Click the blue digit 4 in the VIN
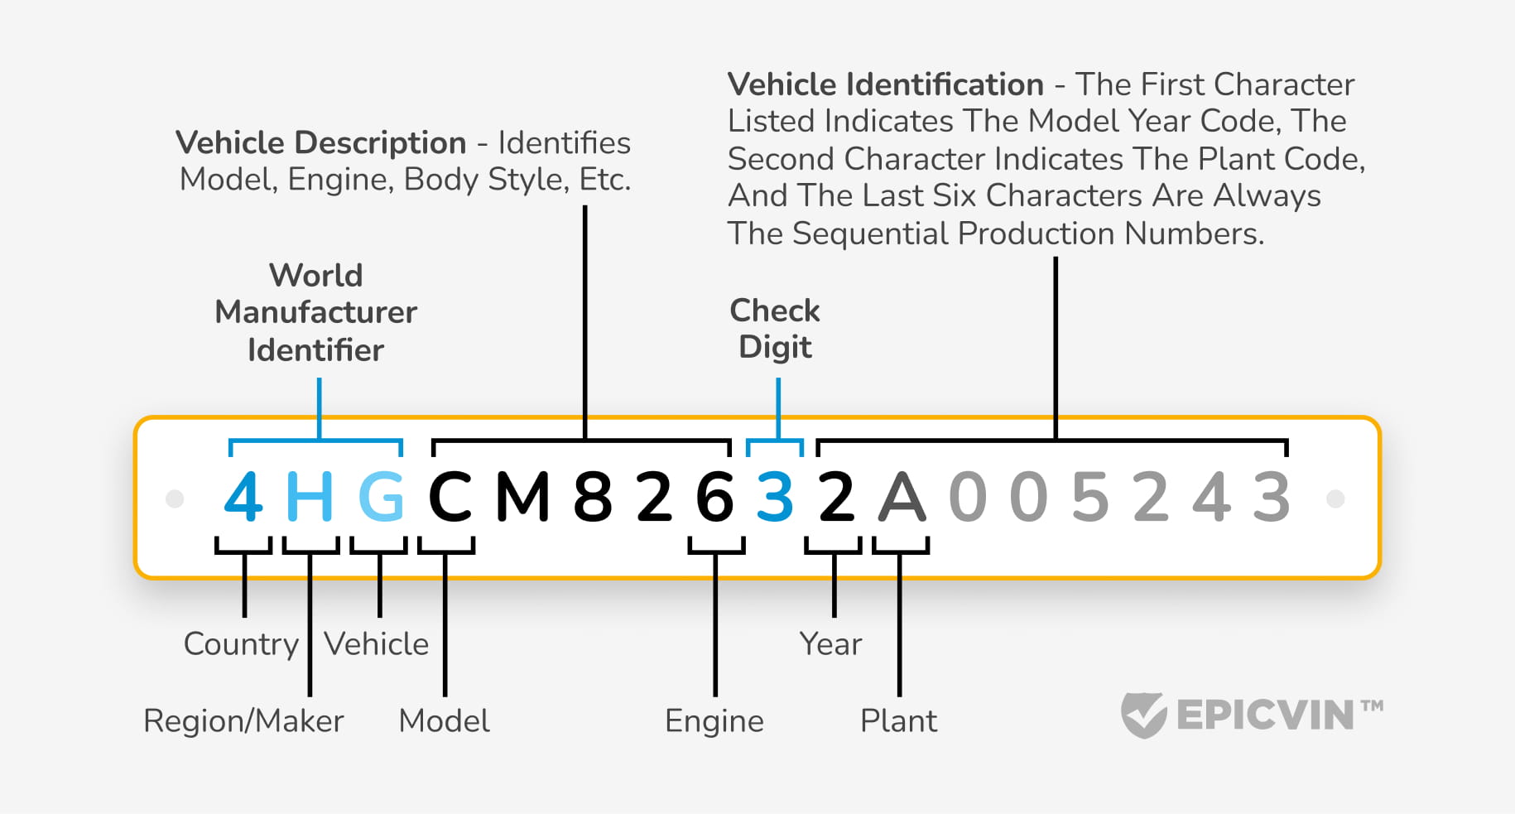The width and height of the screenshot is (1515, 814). (x=243, y=497)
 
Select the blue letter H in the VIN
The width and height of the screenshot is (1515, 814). (x=310, y=497)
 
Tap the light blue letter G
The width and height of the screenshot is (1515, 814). (x=381, y=497)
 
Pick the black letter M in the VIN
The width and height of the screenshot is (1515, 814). (x=523, y=497)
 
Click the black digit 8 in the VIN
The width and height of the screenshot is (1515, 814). (x=593, y=497)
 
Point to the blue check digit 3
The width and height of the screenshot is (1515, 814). (x=775, y=497)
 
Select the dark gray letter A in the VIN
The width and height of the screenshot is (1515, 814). (x=902, y=497)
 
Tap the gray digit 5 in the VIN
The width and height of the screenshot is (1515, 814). (x=1090, y=497)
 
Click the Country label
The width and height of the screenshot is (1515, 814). (x=241, y=644)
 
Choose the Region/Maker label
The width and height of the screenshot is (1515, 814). (x=243, y=721)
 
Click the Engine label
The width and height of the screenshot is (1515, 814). (x=714, y=721)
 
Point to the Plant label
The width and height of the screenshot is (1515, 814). (x=899, y=721)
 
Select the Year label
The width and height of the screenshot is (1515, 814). (x=830, y=644)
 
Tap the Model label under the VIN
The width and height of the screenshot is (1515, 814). (x=445, y=721)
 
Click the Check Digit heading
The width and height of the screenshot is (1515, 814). (x=775, y=329)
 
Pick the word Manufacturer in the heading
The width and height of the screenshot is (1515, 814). (x=315, y=312)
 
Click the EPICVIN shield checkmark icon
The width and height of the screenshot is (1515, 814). (x=1144, y=715)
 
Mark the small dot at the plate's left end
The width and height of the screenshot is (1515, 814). (x=175, y=499)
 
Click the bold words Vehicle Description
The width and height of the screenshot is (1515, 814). (x=321, y=143)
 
